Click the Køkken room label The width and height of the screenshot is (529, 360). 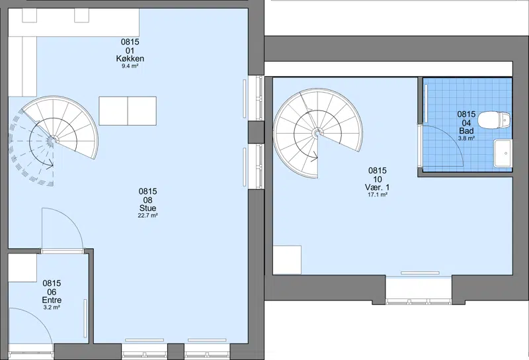tap(130, 59)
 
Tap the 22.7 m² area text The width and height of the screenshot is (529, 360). tap(147, 216)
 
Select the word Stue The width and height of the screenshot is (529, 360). tap(147, 208)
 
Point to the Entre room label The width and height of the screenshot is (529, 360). tap(52, 300)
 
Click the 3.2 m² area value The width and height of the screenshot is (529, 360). tap(52, 307)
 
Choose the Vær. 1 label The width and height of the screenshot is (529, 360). tap(377, 187)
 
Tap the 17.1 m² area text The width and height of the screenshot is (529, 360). tap(377, 195)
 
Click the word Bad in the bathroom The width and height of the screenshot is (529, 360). tap(466, 130)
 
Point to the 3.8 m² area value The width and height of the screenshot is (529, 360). tap(466, 138)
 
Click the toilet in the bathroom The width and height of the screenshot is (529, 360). tap(495, 120)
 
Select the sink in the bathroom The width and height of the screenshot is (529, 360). tap(503, 154)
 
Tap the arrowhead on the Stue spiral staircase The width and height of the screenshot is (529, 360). tap(50, 165)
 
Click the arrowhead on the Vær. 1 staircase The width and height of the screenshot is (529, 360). tap(315, 156)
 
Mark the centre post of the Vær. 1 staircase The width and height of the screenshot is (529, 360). tap(317, 134)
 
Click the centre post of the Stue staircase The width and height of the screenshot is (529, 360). tap(53, 140)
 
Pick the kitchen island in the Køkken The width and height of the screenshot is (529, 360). tap(128, 111)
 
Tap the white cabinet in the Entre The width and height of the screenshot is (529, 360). tap(22, 268)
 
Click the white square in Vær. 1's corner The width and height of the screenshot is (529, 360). tap(287, 260)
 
